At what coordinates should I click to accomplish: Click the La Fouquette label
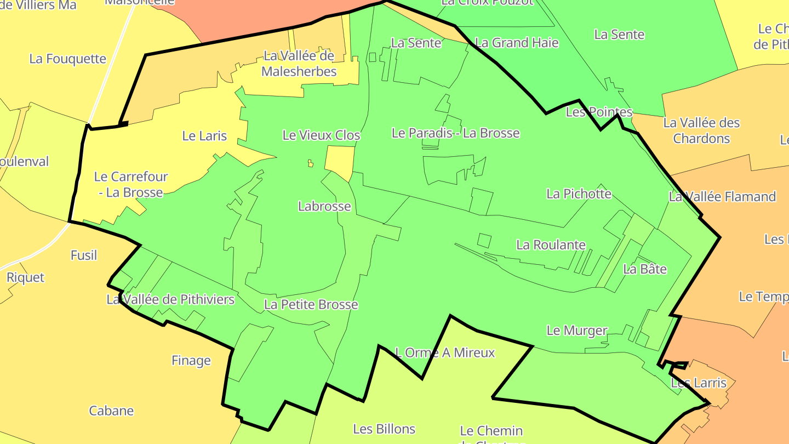coord(67,59)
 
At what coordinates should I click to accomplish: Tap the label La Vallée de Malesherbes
coord(299,64)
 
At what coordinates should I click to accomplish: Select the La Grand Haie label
coord(517,43)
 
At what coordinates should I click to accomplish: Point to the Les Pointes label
coord(599,112)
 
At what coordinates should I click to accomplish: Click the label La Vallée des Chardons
coord(701,130)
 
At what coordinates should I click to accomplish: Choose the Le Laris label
coord(204,136)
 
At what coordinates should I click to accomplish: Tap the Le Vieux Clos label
coord(321,135)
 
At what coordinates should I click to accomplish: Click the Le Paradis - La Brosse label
coord(455,133)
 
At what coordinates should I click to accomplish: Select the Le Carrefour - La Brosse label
coord(130,184)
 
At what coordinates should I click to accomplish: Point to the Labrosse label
coord(324,206)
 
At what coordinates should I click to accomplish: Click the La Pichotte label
coord(579,193)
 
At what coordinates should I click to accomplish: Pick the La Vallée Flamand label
coord(722,196)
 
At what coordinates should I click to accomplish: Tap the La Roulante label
coord(551,244)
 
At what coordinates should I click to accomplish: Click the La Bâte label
coord(645,269)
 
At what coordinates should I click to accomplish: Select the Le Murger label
coord(577,331)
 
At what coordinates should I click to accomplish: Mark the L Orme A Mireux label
coord(444,352)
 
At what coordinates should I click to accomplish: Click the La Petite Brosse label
coord(311,304)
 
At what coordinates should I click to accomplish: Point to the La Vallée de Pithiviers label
coord(170,299)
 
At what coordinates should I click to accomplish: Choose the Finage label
coord(191,360)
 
